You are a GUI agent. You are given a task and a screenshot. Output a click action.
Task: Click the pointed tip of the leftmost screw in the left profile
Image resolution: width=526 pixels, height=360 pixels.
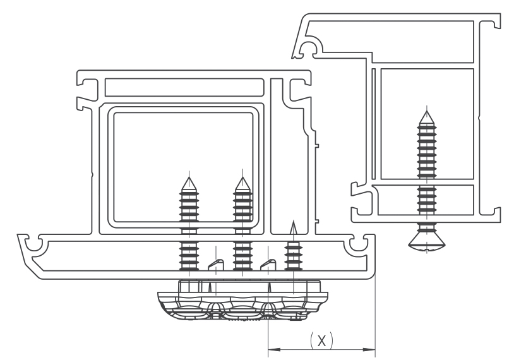click(x=189, y=177)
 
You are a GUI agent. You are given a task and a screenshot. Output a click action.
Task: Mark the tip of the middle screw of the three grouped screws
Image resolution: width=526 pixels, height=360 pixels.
click(x=242, y=177)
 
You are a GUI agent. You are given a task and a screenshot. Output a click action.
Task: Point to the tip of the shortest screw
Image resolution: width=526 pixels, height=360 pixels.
click(x=294, y=221)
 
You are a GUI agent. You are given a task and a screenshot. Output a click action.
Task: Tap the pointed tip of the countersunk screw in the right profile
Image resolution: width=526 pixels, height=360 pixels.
click(x=427, y=111)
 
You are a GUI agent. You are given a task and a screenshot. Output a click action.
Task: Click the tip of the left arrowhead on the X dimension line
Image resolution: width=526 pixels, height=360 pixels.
click(x=268, y=350)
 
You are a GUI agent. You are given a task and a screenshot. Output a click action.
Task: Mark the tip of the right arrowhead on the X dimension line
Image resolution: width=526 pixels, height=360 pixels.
click(x=375, y=350)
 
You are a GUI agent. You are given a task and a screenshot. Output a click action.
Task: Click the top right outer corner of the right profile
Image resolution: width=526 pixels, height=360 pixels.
click(x=501, y=14)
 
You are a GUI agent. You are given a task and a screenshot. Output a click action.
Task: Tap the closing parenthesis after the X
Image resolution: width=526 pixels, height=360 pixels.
click(x=331, y=340)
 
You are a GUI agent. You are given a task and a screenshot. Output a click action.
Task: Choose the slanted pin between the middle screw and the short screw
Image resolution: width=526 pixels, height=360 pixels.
click(x=268, y=264)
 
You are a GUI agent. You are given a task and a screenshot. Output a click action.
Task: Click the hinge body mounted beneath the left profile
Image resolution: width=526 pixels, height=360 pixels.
click(x=243, y=301)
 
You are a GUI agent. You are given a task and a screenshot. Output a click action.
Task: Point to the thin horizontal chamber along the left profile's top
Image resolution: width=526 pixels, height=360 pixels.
click(x=184, y=88)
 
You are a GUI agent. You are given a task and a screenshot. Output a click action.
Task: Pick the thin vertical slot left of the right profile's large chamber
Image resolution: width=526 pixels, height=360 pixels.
click(x=374, y=124)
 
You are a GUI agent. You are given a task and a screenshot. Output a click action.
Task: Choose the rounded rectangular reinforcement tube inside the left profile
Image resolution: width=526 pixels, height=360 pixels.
click(x=184, y=167)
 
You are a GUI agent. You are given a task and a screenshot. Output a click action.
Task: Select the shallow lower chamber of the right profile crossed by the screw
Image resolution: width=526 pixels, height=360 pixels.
click(x=426, y=200)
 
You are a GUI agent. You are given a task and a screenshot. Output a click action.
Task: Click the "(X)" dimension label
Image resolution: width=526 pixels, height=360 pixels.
click(x=321, y=340)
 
